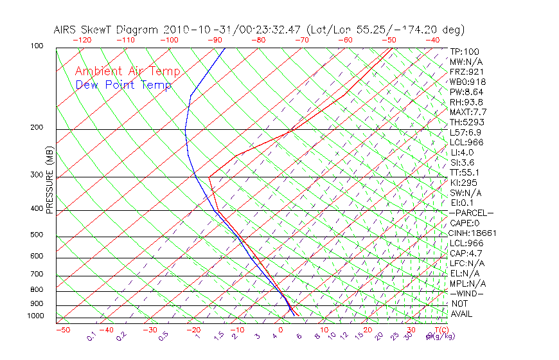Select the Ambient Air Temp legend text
pyautogui.click(x=127, y=71)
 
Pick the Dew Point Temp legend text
pyautogui.click(x=123, y=85)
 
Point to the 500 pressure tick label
pyautogui.click(x=37, y=235)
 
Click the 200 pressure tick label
pyautogui.click(x=37, y=127)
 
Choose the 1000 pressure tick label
pyautogui.click(x=35, y=316)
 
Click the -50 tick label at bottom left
pyautogui.click(x=62, y=330)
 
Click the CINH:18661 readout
pyautogui.click(x=474, y=233)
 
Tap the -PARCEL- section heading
pyautogui.click(x=472, y=213)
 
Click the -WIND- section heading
pyautogui.click(x=467, y=293)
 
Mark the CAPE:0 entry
pyautogui.click(x=465, y=223)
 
